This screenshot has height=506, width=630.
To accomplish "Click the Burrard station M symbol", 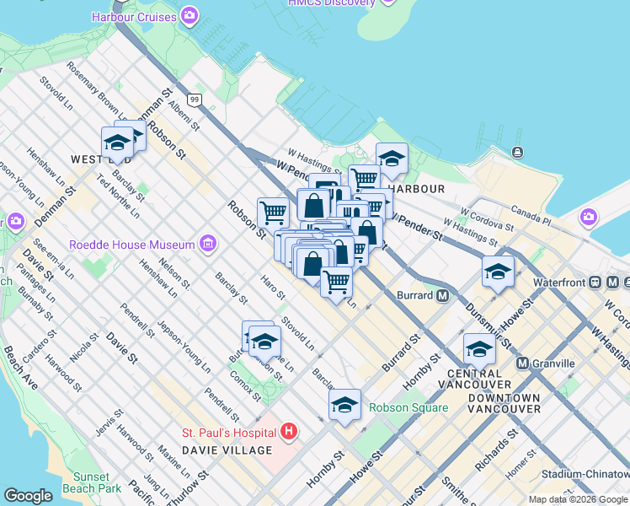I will [x=442, y=295].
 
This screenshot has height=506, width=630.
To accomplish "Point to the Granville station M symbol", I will [x=522, y=363].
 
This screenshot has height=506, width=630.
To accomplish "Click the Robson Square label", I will [x=408, y=407].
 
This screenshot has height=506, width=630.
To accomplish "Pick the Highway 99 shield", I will [x=195, y=100].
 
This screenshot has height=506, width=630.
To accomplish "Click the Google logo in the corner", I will [x=28, y=496].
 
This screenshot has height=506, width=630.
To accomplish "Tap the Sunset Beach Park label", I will [x=97, y=482].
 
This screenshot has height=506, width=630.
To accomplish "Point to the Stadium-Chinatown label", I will [x=585, y=475].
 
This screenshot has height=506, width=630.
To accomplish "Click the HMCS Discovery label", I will [x=332, y=3].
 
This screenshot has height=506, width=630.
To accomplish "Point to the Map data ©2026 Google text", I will [x=577, y=499].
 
